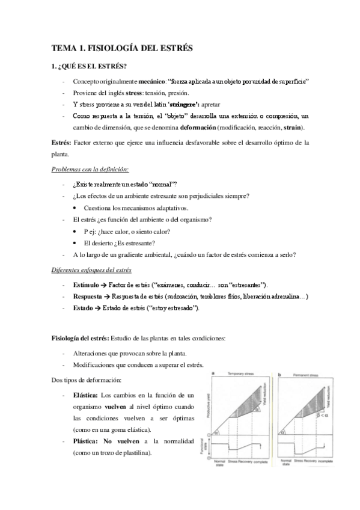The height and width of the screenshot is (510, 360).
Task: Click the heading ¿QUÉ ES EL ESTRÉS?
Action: click(x=93, y=66)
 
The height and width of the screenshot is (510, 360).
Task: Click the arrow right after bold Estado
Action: click(x=99, y=308)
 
